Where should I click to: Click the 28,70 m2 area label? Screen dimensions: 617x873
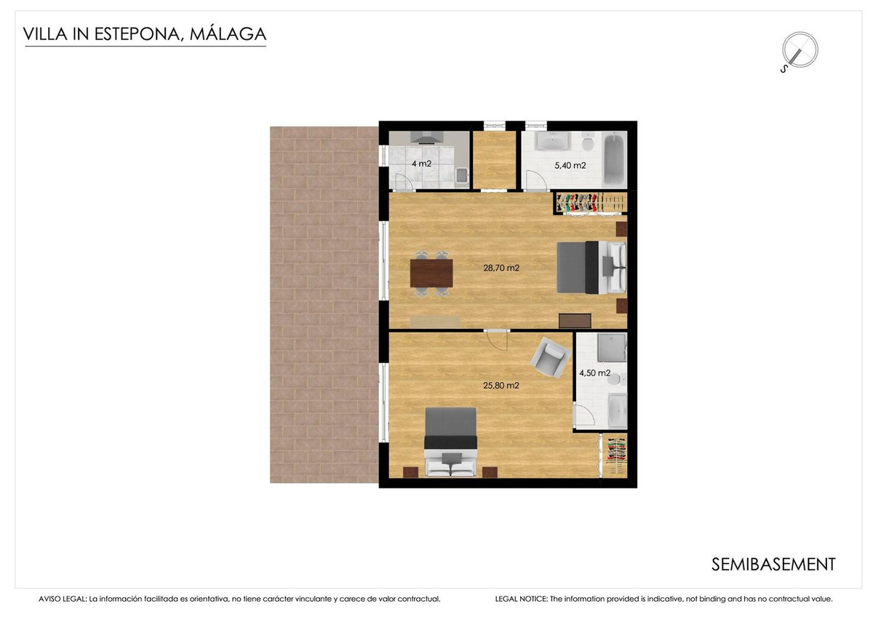point(501,268)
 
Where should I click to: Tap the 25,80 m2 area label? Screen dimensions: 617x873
point(501,386)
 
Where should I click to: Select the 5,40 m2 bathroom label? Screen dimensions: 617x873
point(570,165)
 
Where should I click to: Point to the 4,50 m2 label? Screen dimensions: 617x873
point(594,373)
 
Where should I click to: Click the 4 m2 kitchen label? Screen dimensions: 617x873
point(421,164)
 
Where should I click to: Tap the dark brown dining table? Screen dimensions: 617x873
point(431,273)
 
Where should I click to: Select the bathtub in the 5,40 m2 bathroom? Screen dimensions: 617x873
point(615,159)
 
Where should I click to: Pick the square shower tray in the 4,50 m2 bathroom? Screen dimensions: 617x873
point(611,349)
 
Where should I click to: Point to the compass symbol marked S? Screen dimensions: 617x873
point(798,52)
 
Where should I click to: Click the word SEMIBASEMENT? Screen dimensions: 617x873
point(773,564)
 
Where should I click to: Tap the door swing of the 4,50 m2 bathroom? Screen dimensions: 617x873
point(583,415)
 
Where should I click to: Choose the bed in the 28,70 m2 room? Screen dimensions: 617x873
point(589,268)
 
